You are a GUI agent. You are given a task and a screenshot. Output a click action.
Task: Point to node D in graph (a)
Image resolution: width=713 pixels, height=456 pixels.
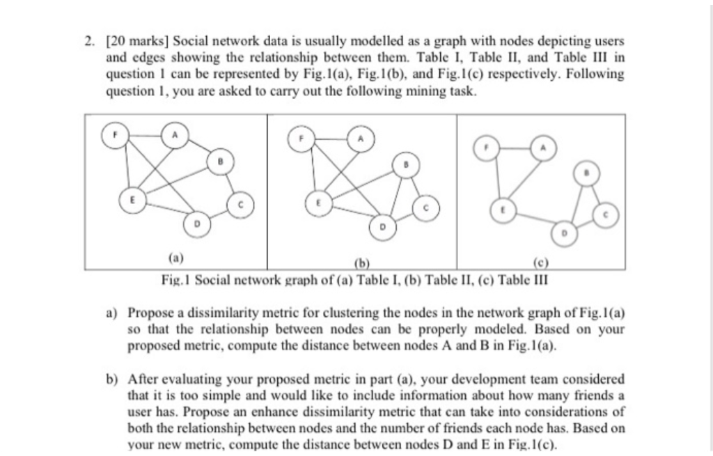196,224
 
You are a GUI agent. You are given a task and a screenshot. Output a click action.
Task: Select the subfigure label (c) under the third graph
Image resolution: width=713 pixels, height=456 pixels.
540,263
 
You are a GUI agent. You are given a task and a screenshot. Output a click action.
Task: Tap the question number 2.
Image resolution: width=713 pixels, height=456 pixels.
89,42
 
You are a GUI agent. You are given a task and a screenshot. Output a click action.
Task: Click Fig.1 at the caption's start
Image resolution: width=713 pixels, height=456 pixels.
171,280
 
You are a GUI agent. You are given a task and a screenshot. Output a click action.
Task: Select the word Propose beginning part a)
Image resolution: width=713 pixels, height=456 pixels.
151,314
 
